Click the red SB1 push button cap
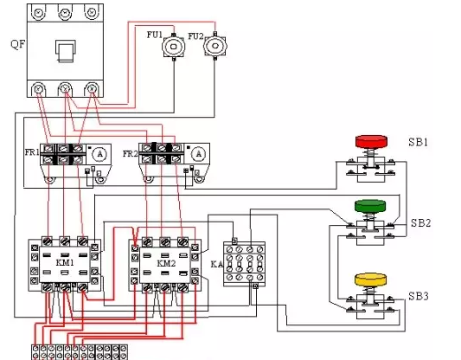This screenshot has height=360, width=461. (x=371, y=141)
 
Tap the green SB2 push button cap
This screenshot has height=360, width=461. (x=370, y=206)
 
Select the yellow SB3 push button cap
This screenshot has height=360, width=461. (x=370, y=280)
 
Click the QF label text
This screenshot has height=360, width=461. (x=18, y=44)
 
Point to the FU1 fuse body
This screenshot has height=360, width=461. (x=174, y=47)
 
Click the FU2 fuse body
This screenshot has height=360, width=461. (x=215, y=46)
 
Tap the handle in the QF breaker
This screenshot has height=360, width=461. (x=66, y=51)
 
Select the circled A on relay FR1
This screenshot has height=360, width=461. (x=100, y=154)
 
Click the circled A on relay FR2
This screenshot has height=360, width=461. (x=199, y=153)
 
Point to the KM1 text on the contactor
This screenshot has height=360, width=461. (x=65, y=263)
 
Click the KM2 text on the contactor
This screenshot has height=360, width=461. (x=166, y=263)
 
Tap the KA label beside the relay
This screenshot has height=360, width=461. (x=217, y=264)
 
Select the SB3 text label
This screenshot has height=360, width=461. (x=419, y=296)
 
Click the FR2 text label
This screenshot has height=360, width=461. (x=130, y=153)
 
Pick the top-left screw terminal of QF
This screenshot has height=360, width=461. (x=39, y=13)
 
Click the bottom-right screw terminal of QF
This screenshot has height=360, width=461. (x=92, y=88)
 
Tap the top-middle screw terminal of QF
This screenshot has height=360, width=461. (x=65, y=13)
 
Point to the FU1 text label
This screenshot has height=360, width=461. (x=155, y=35)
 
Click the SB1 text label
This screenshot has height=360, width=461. (x=418, y=142)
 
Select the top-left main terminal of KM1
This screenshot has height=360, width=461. (x=48, y=241)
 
